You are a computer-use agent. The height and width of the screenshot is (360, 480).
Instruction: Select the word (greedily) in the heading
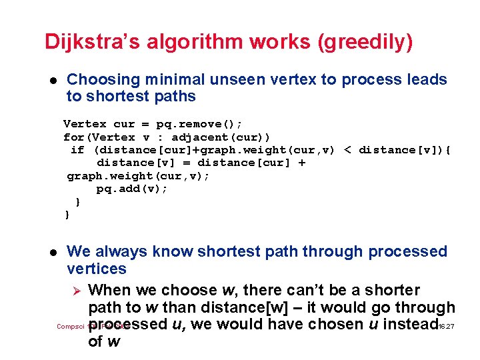point(366,42)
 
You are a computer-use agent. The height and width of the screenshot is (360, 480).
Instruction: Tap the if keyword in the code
point(77,149)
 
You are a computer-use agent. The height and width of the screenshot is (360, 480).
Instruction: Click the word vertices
point(97,269)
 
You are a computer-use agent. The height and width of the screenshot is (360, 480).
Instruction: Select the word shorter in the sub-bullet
point(392,290)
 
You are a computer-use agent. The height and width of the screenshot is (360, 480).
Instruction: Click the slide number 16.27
point(447,327)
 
